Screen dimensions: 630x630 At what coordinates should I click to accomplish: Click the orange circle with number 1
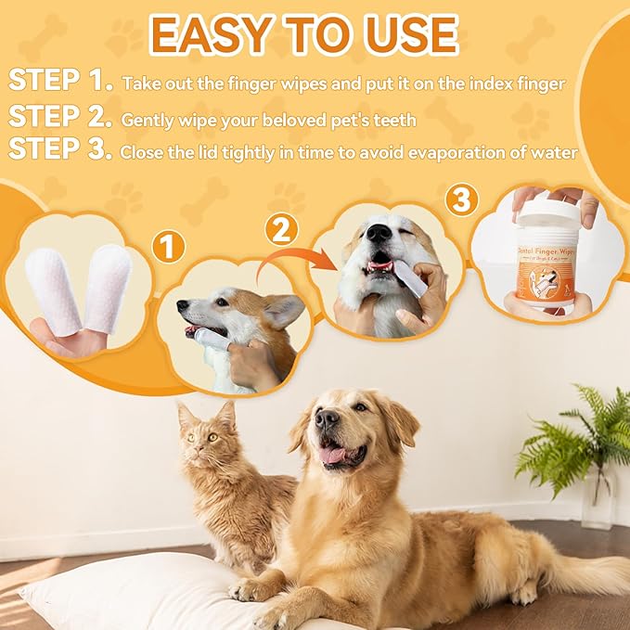[x=168, y=247]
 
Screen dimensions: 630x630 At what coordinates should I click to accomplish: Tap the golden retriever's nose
[x=327, y=419]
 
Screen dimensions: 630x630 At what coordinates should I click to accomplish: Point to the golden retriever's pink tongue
[x=333, y=455]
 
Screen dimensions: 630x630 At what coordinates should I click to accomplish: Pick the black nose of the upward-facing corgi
[x=379, y=233]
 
